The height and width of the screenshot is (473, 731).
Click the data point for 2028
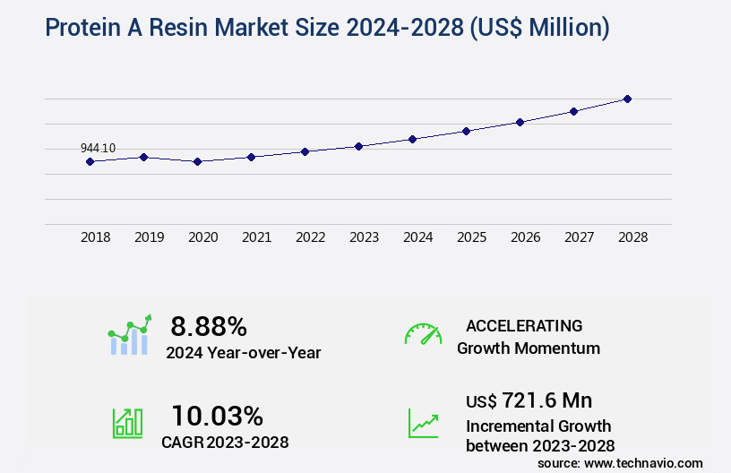(627, 99)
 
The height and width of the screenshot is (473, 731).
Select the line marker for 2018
(90, 161)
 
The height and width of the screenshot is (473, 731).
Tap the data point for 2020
(197, 161)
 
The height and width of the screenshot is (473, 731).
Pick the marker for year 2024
(412, 139)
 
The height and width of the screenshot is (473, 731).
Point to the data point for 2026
(520, 122)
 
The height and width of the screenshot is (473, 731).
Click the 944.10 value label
(98, 148)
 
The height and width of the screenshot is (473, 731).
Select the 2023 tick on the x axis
(364, 237)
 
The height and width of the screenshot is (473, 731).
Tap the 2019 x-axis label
(149, 237)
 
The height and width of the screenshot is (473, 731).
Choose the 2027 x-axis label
(579, 237)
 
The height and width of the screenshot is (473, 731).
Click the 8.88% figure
(209, 325)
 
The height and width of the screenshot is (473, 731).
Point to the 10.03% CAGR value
(217, 416)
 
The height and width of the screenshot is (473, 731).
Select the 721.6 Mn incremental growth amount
(529, 400)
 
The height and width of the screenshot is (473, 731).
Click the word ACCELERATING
(524, 325)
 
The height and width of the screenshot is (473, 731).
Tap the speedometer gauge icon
(423, 334)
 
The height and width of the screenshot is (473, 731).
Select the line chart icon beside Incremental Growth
(423, 423)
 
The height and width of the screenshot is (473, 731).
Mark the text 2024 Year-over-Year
(243, 353)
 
